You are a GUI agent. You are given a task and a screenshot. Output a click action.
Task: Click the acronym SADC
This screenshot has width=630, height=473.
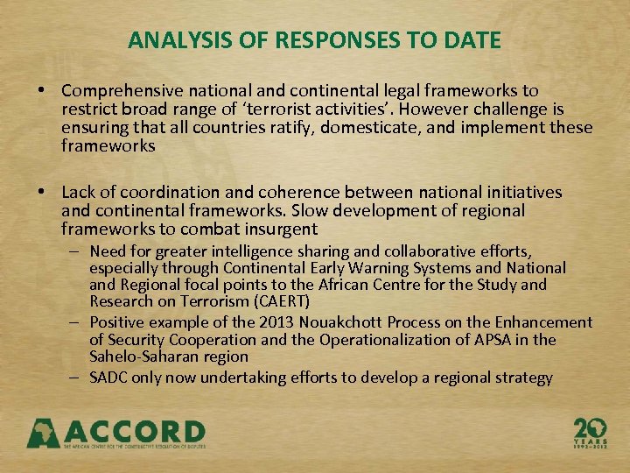pos(109,378)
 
